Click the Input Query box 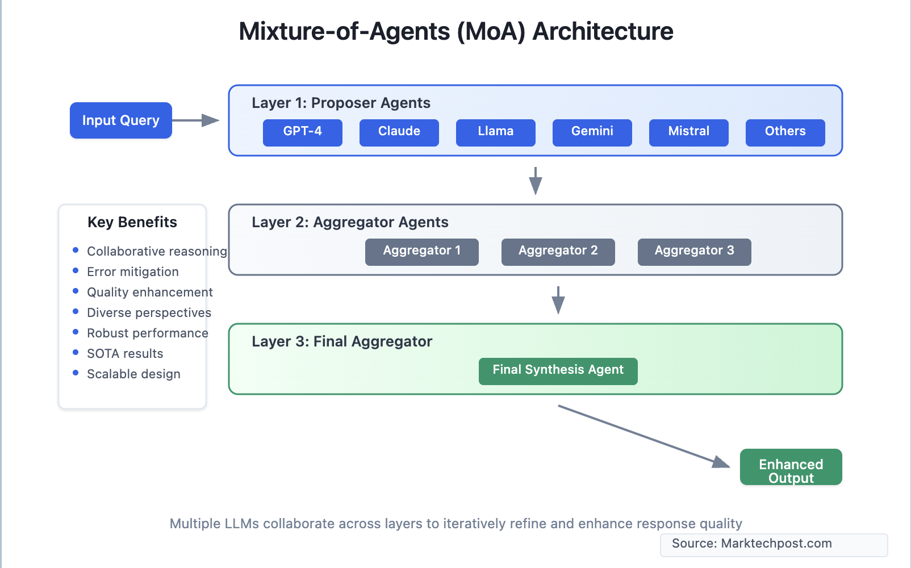coord(120,120)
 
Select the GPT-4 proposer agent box coord(302,132)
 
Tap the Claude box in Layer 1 coord(399,132)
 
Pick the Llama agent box coord(495,132)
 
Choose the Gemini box coord(592,132)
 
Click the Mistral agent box coord(688,132)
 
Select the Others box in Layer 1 coord(785,132)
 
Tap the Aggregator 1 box coord(421,252)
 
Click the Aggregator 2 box coord(558,252)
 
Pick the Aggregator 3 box coord(694,252)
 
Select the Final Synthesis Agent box coord(558,371)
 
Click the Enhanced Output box coord(791,467)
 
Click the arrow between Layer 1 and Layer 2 coord(535,181)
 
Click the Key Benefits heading coord(132,222)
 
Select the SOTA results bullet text coord(125,353)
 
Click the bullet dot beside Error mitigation coord(76,271)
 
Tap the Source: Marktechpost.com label coord(751,544)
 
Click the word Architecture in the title coord(603,31)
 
